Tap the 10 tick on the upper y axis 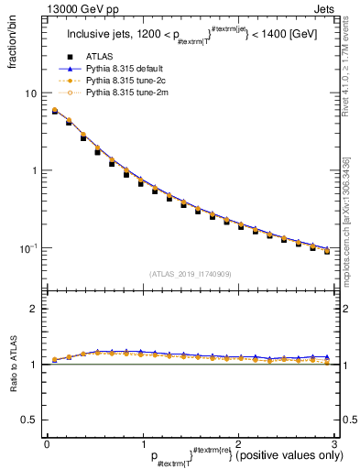coord(32,93)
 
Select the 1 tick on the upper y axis coord(34,171)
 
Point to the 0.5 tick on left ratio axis coord(30,420)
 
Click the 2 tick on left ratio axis coord(34,309)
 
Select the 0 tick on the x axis coord(46,443)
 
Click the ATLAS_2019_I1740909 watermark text coord(191,274)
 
